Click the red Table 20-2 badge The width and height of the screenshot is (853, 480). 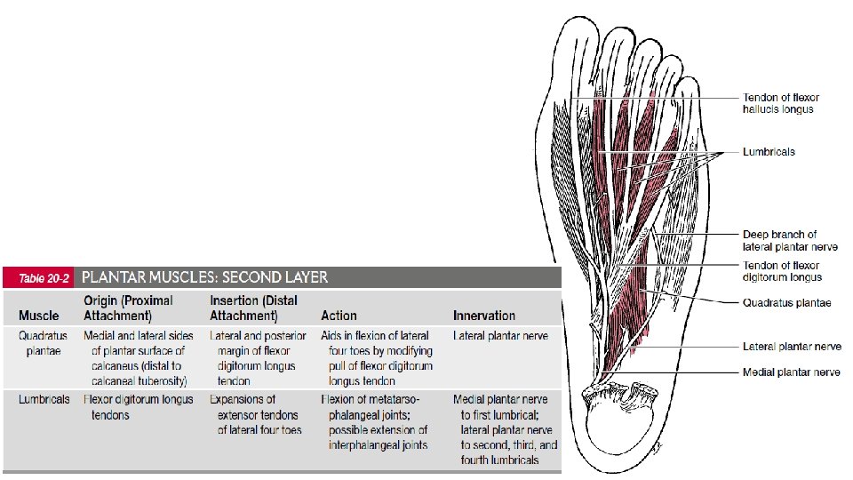tap(39, 277)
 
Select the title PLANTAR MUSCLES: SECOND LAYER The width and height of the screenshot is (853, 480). tap(204, 277)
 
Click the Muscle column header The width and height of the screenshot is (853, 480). tap(39, 316)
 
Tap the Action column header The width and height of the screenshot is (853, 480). tap(339, 316)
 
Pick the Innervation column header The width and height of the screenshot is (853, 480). tap(483, 316)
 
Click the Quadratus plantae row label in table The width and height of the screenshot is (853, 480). tap(43, 343)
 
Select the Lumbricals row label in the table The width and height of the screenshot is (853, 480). tap(44, 400)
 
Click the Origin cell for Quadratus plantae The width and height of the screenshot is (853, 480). tap(138, 358)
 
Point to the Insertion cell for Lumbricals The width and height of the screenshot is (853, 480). tap(259, 415)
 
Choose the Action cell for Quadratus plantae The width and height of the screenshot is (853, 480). tap(377, 358)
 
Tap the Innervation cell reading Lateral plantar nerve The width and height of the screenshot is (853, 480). tap(500, 336)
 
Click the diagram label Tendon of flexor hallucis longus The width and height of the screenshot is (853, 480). tap(780, 103)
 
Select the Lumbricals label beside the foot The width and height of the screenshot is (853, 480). tap(769, 152)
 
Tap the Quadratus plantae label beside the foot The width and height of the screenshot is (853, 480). tap(786, 303)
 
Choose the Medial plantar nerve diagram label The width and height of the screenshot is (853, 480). tap(791, 372)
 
